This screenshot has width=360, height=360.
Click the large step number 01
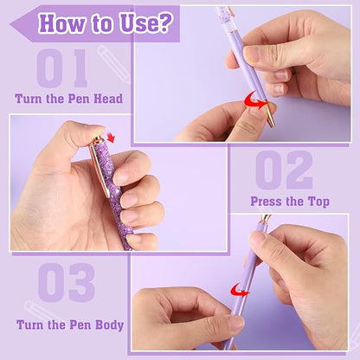click(x=61, y=68)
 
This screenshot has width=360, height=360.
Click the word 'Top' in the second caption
click(x=317, y=202)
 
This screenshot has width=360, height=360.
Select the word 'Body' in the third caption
click(x=107, y=325)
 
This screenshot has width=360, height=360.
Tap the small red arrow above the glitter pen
click(x=110, y=137)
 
